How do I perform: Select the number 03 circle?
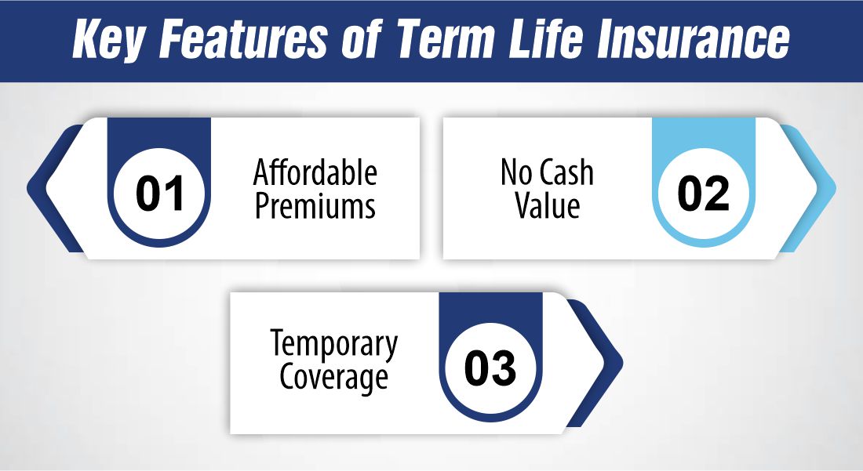(x=490, y=368)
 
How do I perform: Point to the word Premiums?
(x=315, y=207)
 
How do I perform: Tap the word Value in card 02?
(x=547, y=207)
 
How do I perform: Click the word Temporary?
(x=334, y=346)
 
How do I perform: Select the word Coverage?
(x=334, y=379)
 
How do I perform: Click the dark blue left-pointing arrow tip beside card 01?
(x=36, y=189)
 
